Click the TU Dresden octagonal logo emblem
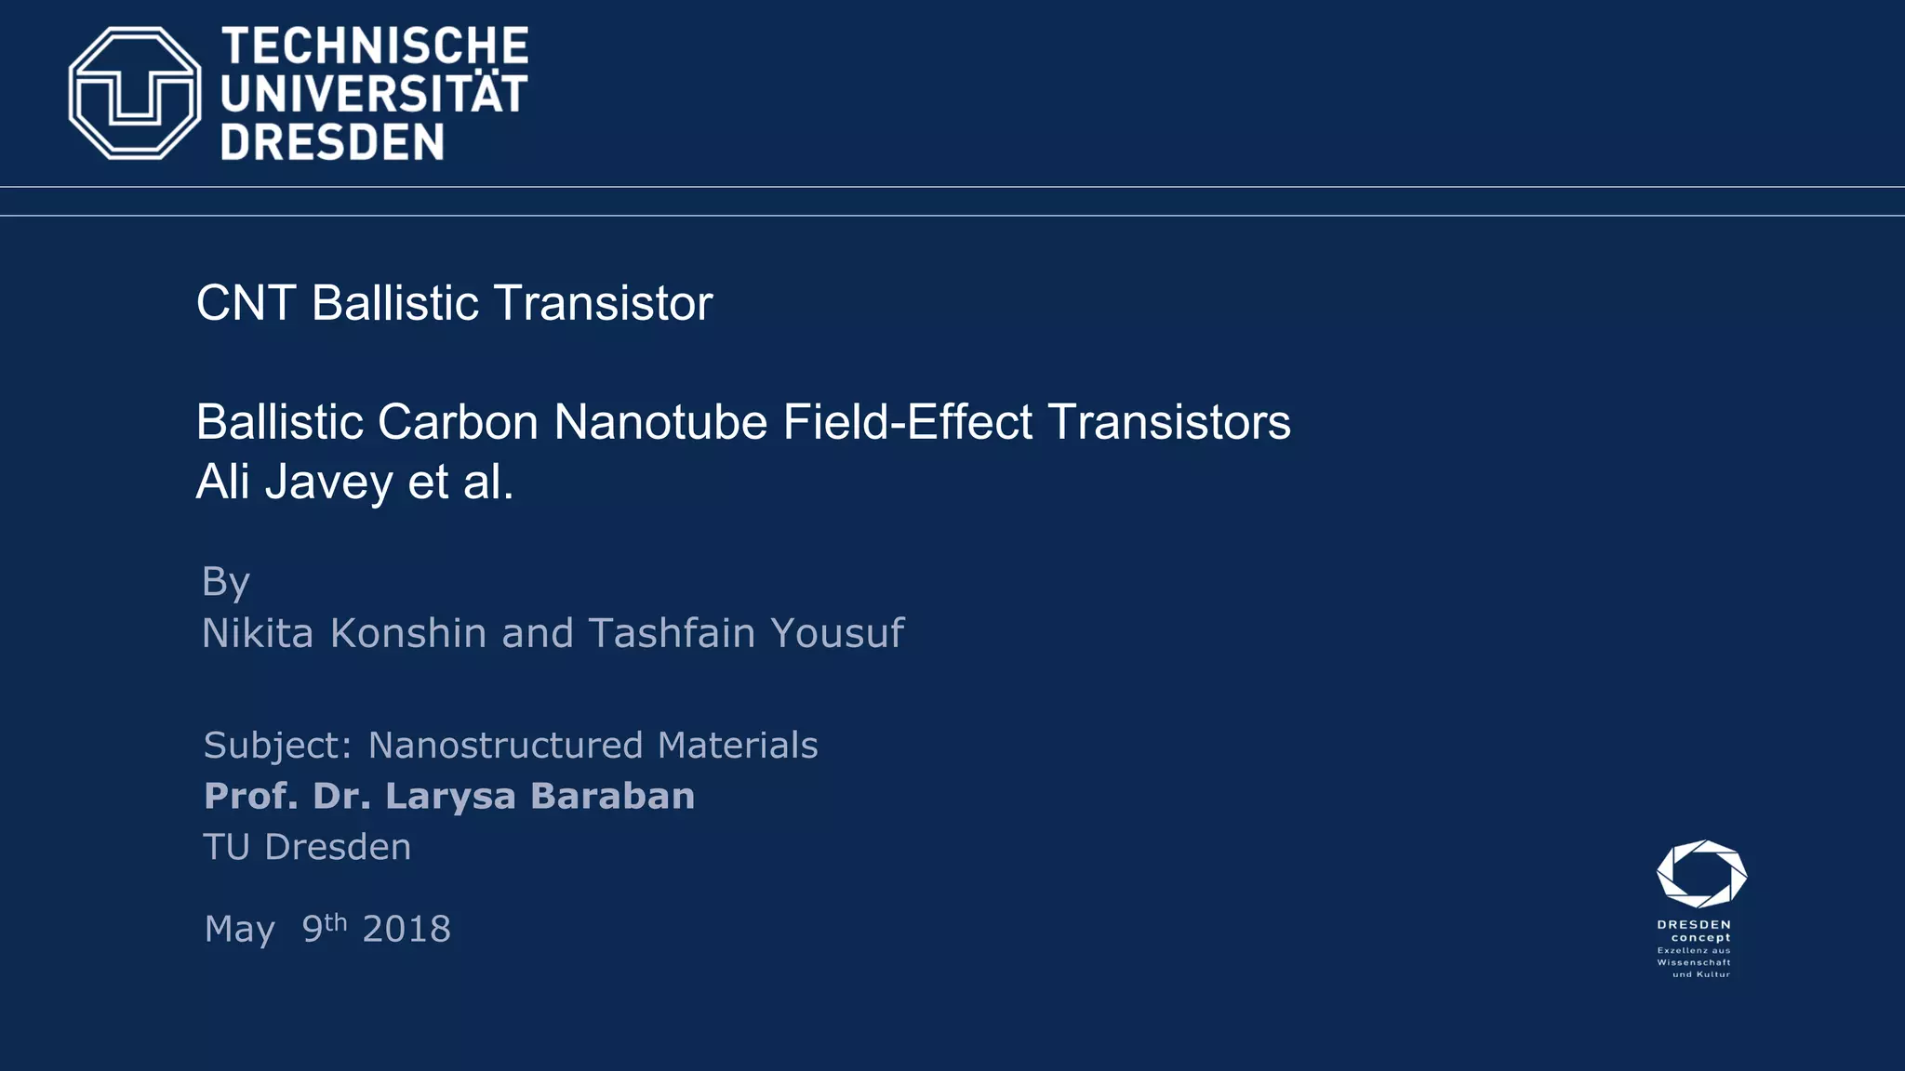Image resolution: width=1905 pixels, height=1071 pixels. pyautogui.click(x=135, y=93)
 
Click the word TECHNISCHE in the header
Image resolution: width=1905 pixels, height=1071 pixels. pyautogui.click(x=375, y=46)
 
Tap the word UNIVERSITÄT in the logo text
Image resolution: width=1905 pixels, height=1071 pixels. pyautogui.click(x=374, y=94)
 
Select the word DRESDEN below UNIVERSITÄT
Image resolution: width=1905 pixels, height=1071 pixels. pyautogui.click(x=332, y=142)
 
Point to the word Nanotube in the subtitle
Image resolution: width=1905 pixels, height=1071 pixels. pyautogui.click(x=660, y=422)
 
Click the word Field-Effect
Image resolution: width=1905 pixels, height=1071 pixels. pyautogui.click(x=907, y=422)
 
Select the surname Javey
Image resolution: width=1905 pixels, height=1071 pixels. pyautogui.click(x=329, y=483)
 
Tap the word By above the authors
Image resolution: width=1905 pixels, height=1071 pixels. pyautogui.click(x=226, y=583)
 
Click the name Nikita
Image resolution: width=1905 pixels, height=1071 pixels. pyautogui.click(x=258, y=633)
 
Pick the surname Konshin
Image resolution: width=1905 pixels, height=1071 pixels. pyautogui.click(x=408, y=633)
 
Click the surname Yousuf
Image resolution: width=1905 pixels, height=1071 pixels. pyautogui.click(x=837, y=633)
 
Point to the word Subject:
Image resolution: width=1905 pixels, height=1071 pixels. pyautogui.click(x=277, y=746)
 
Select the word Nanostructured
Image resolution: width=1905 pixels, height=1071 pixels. pyautogui.click(x=505, y=746)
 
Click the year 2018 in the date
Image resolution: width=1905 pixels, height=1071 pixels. pyautogui.click(x=406, y=929)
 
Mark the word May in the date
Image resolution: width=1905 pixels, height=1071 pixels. pyautogui.click(x=240, y=930)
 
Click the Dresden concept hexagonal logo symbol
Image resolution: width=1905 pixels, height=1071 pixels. pyautogui.click(x=1701, y=874)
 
